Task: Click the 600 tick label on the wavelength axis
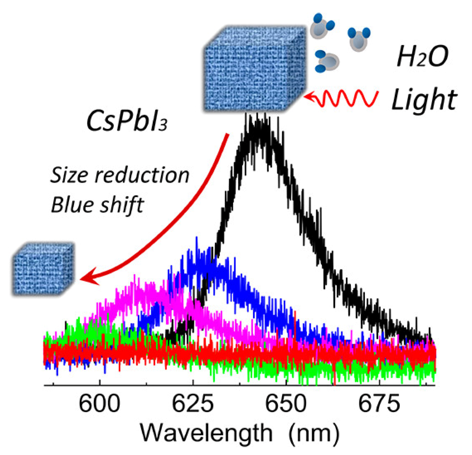99,403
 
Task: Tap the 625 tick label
193,403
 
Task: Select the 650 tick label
286,403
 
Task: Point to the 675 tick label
379,403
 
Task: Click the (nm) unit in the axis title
314,433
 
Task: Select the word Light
424,100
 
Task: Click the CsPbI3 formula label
127,122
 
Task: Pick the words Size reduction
120,175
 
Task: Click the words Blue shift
97,205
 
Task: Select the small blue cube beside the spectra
43,269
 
